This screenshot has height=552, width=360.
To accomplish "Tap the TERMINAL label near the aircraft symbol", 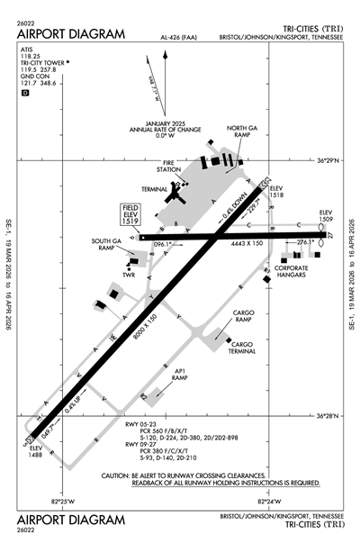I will (154, 188).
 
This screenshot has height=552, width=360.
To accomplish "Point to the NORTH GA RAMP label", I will (241, 132).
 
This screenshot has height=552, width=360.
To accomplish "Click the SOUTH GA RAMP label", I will (106, 245).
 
